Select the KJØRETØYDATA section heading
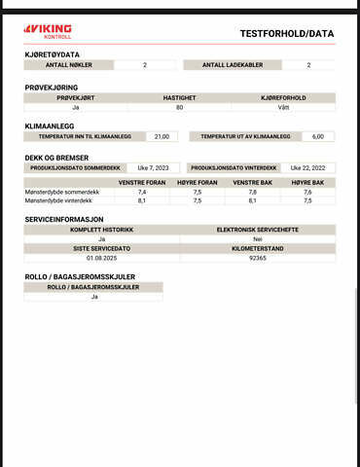coord(53,54)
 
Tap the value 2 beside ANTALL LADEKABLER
coord(308,65)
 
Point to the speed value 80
coord(180,107)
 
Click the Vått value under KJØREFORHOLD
coord(283,107)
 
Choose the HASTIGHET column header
coord(180,97)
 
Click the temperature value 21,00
coord(162,136)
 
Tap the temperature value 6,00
coord(317,136)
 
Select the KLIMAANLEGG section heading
coord(49,126)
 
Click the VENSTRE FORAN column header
coord(142,182)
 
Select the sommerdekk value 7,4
coord(142,193)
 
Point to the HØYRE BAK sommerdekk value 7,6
coord(307,193)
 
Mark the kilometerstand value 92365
coord(258,258)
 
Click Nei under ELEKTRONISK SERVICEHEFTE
coord(258,238)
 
